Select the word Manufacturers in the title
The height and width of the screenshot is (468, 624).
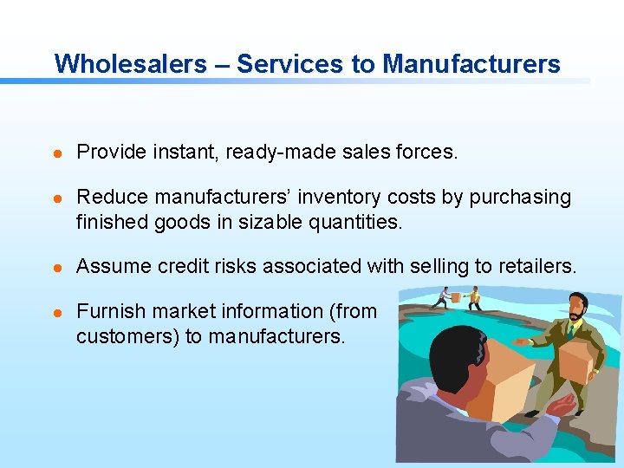[x=471, y=63]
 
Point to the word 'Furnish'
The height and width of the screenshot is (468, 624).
[x=110, y=311]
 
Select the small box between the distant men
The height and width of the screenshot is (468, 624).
[x=457, y=297]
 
